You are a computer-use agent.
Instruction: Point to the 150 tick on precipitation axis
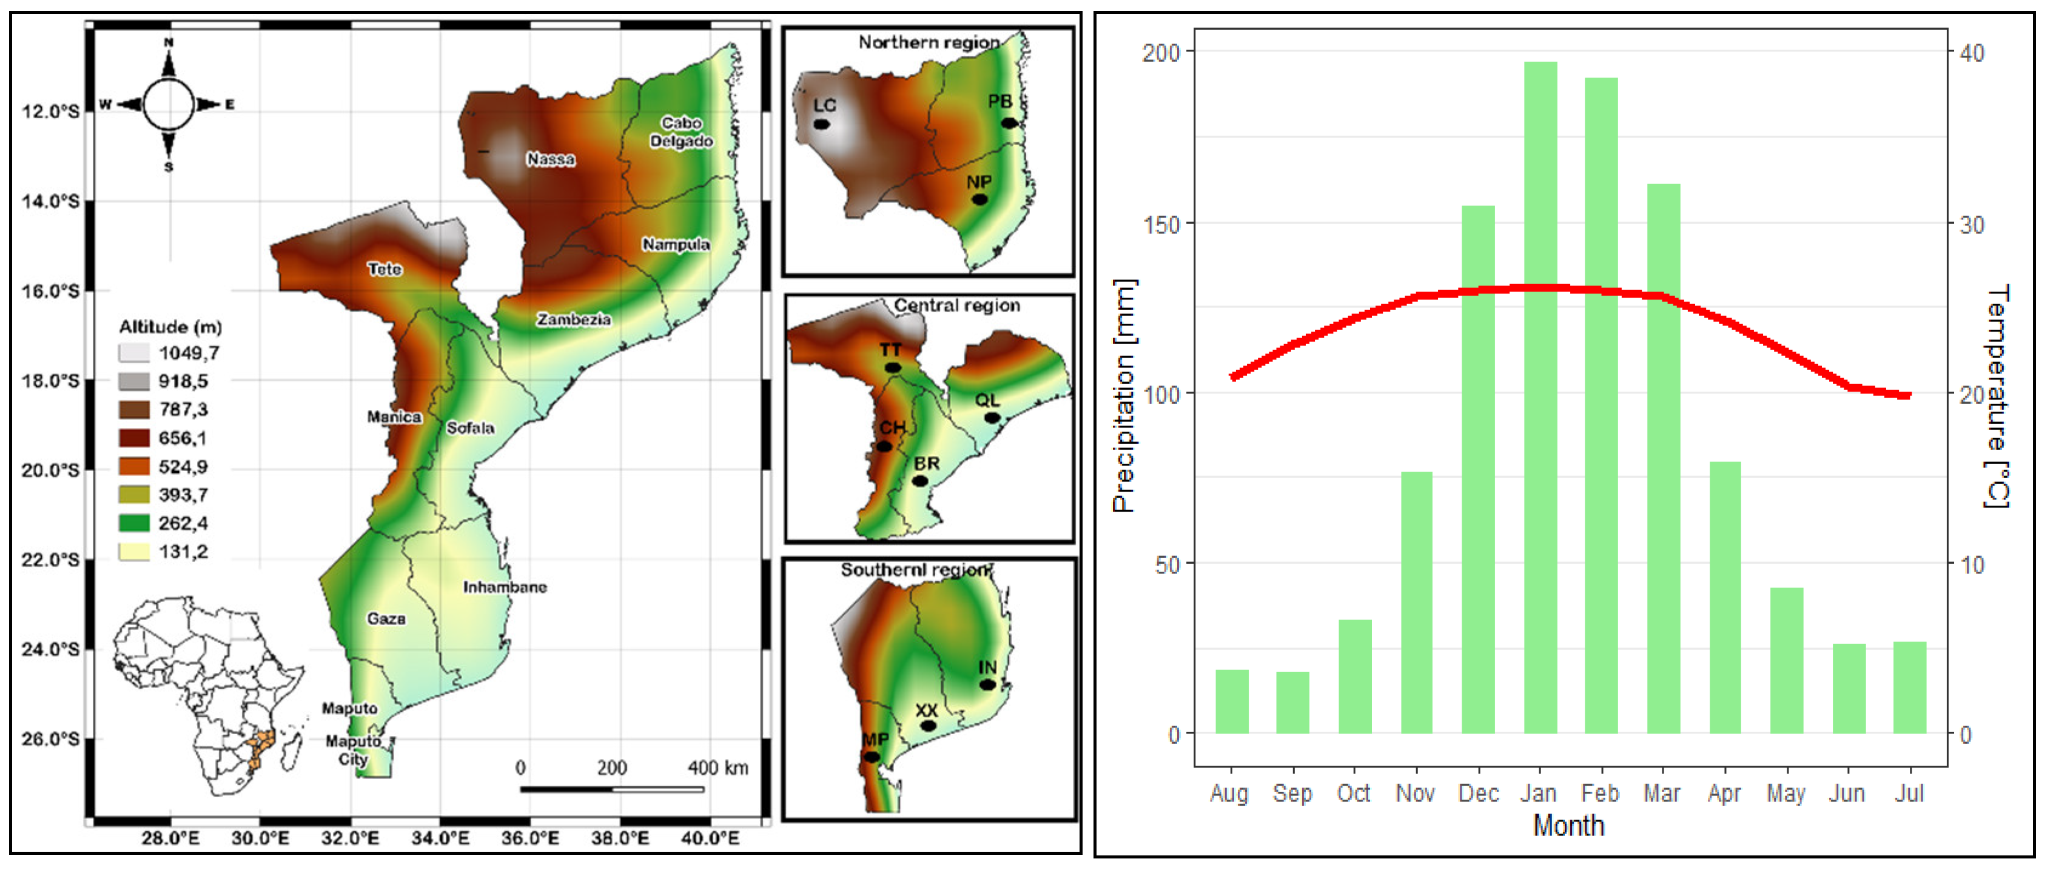pyautogui.click(x=1161, y=224)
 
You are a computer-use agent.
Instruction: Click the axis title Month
pyautogui.click(x=1568, y=825)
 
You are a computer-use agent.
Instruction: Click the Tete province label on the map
pyautogui.click(x=385, y=269)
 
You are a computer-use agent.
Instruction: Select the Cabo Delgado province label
pyautogui.click(x=681, y=132)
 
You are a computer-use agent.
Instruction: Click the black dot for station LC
pyautogui.click(x=821, y=124)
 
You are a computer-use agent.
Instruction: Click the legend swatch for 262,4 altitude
pyautogui.click(x=133, y=523)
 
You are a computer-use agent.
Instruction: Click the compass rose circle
pyautogui.click(x=169, y=104)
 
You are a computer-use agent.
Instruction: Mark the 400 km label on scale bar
pyautogui.click(x=717, y=767)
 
